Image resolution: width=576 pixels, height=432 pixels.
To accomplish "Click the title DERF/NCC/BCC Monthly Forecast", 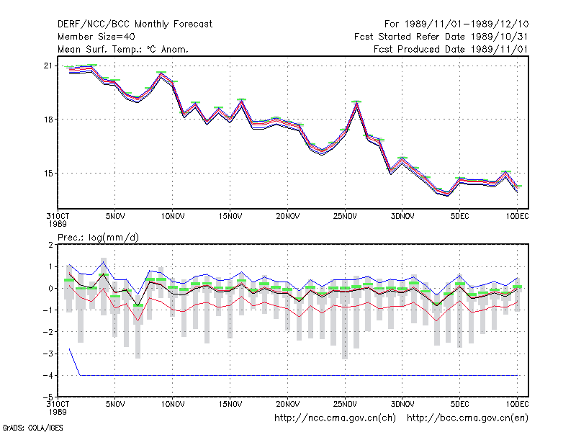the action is [135, 24].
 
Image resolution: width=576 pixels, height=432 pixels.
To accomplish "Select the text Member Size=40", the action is [96, 37].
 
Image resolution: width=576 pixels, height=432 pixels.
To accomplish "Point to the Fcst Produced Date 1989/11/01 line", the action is [451, 49].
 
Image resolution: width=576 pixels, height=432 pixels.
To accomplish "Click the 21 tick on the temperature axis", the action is [48, 66].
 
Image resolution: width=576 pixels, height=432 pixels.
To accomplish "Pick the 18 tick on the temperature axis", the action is [48, 120].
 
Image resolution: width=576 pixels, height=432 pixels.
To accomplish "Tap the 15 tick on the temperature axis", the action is [48, 174].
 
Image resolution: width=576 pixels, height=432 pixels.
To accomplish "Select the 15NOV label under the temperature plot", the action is [230, 216].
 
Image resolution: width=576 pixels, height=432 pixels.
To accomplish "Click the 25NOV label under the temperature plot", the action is [345, 216].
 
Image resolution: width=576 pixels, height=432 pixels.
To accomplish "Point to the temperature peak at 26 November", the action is [356, 102].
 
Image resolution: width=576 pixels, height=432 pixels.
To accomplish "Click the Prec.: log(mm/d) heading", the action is [98, 238].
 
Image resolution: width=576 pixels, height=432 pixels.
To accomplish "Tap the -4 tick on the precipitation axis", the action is [48, 375].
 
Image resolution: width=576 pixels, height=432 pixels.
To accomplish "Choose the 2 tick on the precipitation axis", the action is [50, 245].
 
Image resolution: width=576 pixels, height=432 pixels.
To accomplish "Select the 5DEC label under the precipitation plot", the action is [460, 404].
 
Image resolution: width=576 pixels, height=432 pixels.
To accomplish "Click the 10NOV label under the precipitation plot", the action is [173, 404].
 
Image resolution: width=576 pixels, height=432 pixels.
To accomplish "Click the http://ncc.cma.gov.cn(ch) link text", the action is [335, 418].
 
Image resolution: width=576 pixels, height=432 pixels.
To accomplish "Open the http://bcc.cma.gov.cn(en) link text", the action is [467, 418].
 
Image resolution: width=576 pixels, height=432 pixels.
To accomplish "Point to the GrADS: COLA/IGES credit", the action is [32, 428].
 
